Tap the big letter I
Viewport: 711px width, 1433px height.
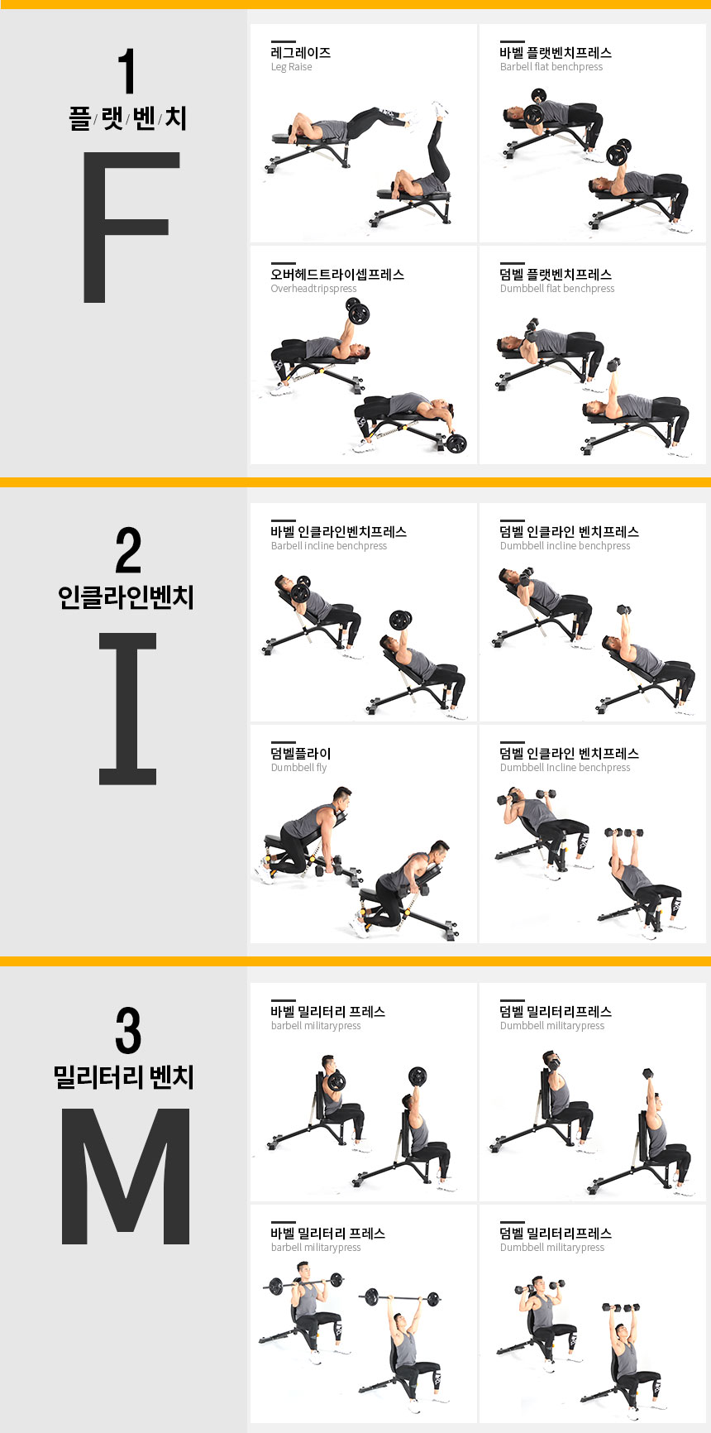pyautogui.click(x=127, y=708)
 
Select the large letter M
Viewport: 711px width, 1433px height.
pyautogui.click(x=126, y=1176)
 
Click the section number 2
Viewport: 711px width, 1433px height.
pyautogui.click(x=128, y=550)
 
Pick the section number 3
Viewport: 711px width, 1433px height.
pyautogui.click(x=128, y=1030)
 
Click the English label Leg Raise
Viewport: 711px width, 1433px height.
pyautogui.click(x=292, y=67)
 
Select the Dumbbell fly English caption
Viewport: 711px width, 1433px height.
pyautogui.click(x=299, y=768)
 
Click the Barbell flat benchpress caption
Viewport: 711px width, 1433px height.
pyautogui.click(x=551, y=67)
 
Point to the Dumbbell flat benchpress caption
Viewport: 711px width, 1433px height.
pyautogui.click(x=557, y=289)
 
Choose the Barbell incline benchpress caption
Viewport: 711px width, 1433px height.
pyautogui.click(x=329, y=546)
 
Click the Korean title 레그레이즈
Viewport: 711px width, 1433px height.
pyautogui.click(x=301, y=52)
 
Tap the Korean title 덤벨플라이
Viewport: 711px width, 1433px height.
pyautogui.click(x=301, y=753)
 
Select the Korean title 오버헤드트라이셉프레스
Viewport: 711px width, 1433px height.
pyautogui.click(x=337, y=274)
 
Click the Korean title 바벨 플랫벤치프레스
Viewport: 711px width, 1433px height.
pyautogui.click(x=556, y=52)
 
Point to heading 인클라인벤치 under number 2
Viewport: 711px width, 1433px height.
pyautogui.click(x=126, y=597)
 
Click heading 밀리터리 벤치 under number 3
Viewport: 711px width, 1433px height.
pyautogui.click(x=124, y=1076)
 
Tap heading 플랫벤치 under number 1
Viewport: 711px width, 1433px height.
pyautogui.click(x=127, y=117)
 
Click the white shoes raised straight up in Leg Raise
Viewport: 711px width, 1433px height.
pyautogui.click(x=439, y=109)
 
